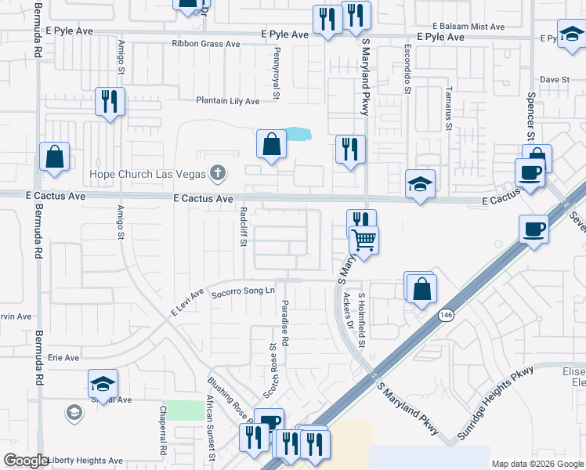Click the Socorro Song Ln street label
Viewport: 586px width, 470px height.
pyautogui.click(x=244, y=291)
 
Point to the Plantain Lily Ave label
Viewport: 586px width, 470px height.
pyautogui.click(x=227, y=101)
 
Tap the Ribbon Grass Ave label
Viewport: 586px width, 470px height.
pyautogui.click(x=206, y=44)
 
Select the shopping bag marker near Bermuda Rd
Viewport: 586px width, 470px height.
pyautogui.click(x=55, y=157)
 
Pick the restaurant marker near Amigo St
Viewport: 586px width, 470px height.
pyautogui.click(x=110, y=102)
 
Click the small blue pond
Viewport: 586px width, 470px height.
pyautogui.click(x=296, y=135)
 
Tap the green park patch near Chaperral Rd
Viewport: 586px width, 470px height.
pyautogui.click(x=183, y=410)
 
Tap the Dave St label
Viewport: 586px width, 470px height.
pyautogui.click(x=554, y=80)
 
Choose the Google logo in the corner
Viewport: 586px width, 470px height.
pyautogui.click(x=25, y=461)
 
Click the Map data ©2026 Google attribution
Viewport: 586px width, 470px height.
pyautogui.click(x=537, y=464)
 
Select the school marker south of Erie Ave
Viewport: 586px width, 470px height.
pyautogui.click(x=103, y=384)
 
